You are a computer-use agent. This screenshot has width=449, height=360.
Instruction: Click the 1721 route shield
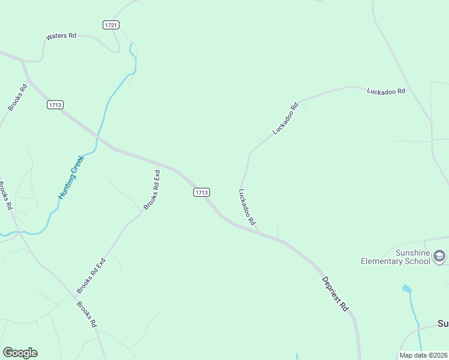[111, 25]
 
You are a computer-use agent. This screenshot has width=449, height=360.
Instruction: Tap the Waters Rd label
[61, 37]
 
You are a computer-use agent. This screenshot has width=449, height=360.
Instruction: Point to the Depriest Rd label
[335, 293]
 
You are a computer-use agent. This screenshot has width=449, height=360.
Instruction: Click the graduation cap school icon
[439, 257]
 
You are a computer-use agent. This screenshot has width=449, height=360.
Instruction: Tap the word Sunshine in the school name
[413, 253]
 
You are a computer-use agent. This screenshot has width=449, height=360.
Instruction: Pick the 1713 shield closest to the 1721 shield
[55, 104]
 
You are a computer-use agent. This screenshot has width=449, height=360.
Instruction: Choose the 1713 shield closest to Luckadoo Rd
[202, 192]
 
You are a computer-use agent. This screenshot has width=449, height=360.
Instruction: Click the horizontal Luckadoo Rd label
[386, 91]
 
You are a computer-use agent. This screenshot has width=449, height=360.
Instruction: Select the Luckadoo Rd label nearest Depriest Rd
[247, 207]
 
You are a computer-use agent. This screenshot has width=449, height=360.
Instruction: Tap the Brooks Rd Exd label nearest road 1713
[151, 190]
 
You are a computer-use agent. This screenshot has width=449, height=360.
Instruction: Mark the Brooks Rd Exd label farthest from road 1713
[91, 275]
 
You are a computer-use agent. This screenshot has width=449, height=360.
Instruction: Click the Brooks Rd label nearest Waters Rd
[17, 97]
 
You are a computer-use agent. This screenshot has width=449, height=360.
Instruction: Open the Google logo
[20, 353]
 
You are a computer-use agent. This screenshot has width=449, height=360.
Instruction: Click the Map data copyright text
[424, 355]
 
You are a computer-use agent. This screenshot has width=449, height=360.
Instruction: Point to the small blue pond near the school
[407, 289]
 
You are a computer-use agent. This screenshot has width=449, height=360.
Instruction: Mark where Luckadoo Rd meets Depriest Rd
[260, 233]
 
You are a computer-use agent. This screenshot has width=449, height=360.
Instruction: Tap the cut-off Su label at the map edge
[442, 324]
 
